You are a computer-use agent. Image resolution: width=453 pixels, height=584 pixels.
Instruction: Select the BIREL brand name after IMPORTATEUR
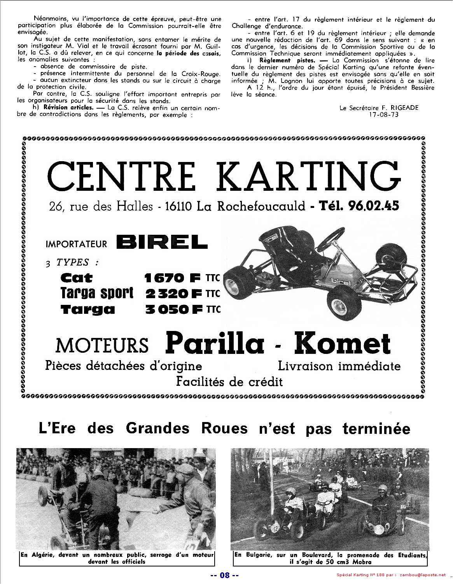tap(161, 243)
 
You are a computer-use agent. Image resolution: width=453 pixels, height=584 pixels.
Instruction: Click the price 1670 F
tap(172, 278)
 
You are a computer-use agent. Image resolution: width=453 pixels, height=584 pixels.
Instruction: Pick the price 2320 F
tap(173, 293)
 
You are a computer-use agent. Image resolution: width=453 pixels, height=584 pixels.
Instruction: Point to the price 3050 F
tap(174, 310)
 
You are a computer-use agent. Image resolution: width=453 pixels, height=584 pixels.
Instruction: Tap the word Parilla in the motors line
tap(215, 343)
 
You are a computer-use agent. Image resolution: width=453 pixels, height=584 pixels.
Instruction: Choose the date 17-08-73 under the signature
tap(384, 114)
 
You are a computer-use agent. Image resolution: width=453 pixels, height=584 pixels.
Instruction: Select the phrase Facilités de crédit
tap(229, 381)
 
